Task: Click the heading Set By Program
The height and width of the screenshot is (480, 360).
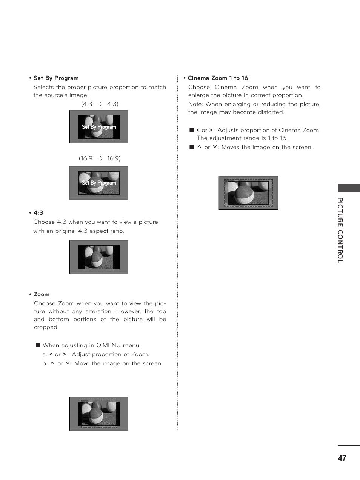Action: tap(56, 78)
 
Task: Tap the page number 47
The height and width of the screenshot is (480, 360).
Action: tap(342, 458)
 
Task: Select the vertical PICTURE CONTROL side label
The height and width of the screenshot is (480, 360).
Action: tap(340, 230)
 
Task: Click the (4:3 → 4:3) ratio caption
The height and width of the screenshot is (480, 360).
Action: tap(100, 104)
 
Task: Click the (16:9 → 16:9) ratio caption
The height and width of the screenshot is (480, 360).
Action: tap(100, 158)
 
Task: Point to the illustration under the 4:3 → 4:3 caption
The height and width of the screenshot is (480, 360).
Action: tap(99, 127)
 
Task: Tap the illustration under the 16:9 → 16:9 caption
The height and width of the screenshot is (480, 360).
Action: tap(99, 183)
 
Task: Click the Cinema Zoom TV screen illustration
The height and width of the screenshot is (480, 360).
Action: tap(248, 193)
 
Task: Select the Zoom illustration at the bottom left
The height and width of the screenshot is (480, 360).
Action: tap(99, 414)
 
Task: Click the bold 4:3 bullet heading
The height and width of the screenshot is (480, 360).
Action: tap(38, 213)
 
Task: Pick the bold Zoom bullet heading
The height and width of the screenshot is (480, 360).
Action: tap(42, 294)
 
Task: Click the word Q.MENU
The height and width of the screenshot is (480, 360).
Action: tap(108, 345)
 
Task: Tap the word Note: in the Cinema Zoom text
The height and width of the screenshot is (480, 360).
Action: tap(196, 104)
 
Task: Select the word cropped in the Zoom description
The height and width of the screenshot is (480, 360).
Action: tap(46, 327)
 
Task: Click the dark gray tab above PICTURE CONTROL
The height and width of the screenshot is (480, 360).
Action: tap(348, 188)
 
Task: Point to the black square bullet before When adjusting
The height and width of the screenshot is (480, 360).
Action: tap(38, 345)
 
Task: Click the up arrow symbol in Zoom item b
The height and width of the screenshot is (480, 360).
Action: tap(52, 363)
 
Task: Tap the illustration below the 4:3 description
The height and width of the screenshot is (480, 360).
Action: tap(99, 257)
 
